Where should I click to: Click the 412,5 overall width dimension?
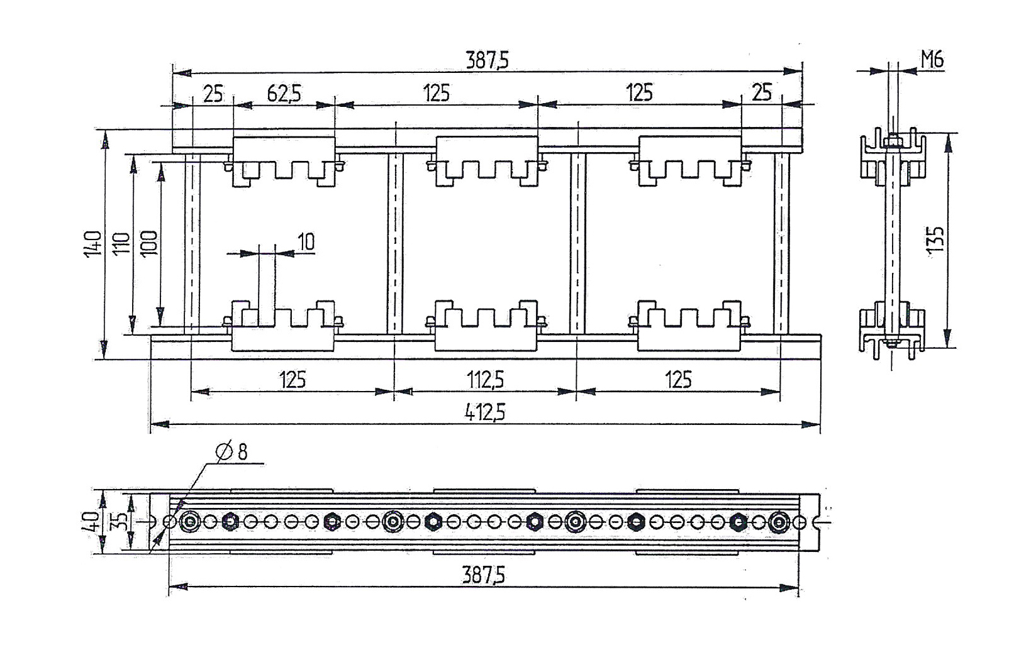tap(484, 412)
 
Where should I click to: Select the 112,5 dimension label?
tap(485, 380)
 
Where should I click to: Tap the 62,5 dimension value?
tap(284, 94)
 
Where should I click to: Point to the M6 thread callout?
tap(932, 60)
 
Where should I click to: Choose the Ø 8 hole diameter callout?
tap(231, 452)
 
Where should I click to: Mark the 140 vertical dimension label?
tap(93, 244)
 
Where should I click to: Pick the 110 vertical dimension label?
tap(121, 244)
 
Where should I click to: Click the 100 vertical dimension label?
tap(149, 243)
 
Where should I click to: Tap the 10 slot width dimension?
tap(306, 241)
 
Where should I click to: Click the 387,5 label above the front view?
tap(488, 60)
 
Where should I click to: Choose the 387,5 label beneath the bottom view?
tap(483, 575)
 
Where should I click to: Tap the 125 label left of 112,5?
tap(293, 380)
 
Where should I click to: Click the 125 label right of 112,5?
tap(679, 380)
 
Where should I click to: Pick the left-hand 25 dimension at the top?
tap(213, 94)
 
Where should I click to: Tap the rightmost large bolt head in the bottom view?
tap(779, 522)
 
